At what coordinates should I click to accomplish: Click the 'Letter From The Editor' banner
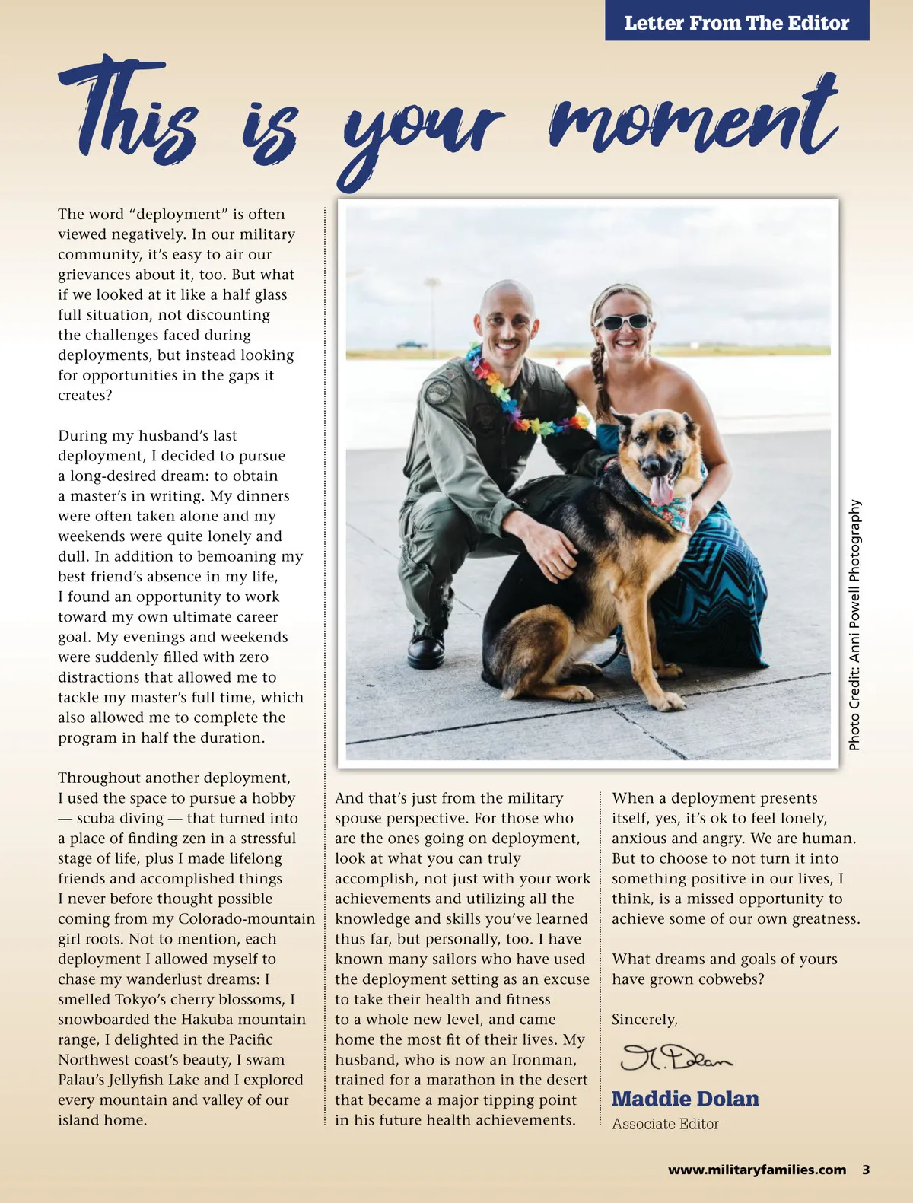(x=736, y=23)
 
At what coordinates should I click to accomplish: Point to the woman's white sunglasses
(x=622, y=321)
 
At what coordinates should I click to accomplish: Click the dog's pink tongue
(x=661, y=489)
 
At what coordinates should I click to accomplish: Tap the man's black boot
(x=426, y=648)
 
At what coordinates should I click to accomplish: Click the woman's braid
(x=600, y=380)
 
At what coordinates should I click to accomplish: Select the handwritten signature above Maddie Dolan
(x=676, y=1057)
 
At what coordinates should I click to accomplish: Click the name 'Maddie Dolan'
(x=685, y=1099)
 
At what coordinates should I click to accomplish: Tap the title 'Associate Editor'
(x=665, y=1124)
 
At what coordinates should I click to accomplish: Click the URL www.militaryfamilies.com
(x=756, y=1170)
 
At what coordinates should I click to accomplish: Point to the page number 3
(x=866, y=1170)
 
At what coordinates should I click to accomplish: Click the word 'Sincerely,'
(x=644, y=1020)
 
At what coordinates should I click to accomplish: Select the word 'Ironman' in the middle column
(x=543, y=1060)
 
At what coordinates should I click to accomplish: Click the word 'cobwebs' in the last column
(x=730, y=979)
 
